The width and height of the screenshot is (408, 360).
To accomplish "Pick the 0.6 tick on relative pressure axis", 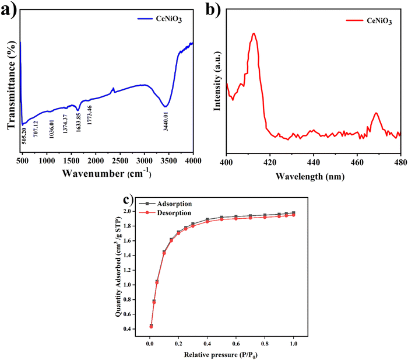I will (236, 344).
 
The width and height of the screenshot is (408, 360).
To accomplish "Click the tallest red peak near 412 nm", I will (254, 34).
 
